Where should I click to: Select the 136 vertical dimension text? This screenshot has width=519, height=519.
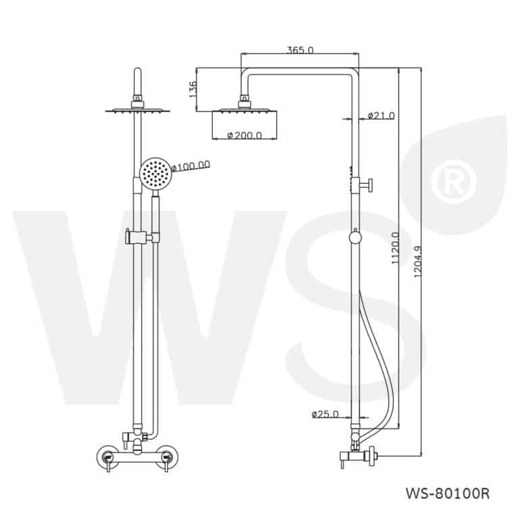pos(193,89)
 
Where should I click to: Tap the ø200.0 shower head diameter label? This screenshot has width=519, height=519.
pos(245,135)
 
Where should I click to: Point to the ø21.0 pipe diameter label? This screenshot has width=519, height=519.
pos(382,116)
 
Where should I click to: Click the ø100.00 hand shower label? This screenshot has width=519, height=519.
pos(192,165)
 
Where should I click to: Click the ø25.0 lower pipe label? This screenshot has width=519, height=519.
pos(325,414)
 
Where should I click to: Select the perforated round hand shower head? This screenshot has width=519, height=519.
pos(156,174)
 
